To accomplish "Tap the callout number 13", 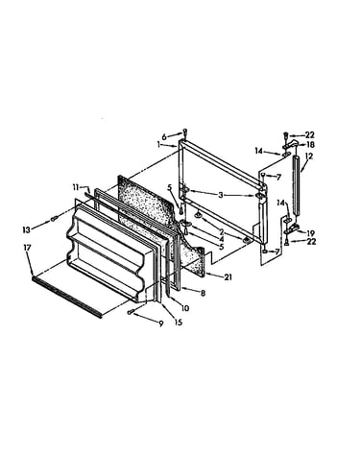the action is tap(27, 229).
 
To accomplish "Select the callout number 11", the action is tap(76, 187).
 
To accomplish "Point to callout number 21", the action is tap(228, 277).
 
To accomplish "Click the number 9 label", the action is tap(160, 324).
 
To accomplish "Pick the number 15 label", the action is tap(179, 322).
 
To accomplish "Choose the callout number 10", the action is tap(185, 308).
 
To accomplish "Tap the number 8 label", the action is tap(203, 293).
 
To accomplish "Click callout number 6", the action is tap(164, 137).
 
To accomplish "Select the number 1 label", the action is tap(158, 145).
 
